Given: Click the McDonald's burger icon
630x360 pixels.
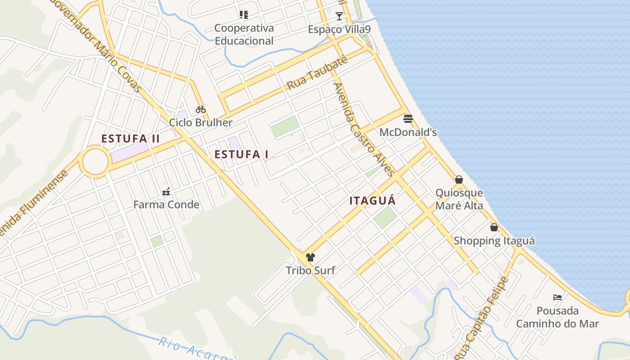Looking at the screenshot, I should click(x=408, y=119).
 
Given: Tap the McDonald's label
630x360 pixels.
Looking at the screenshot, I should click(x=408, y=132).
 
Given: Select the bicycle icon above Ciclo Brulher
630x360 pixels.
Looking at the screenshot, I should click(x=201, y=109).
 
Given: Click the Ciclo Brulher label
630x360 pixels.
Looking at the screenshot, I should click(x=201, y=122).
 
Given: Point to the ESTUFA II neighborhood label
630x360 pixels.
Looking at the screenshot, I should click(x=130, y=139).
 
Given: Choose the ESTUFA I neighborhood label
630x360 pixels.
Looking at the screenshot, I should click(x=241, y=155).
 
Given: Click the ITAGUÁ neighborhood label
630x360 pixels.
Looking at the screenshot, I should click(x=373, y=201).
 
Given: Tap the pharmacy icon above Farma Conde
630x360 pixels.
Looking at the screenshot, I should click(x=166, y=192).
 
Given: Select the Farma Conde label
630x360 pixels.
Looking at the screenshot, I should click(x=166, y=205).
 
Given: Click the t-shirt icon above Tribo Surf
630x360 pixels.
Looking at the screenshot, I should click(x=310, y=257).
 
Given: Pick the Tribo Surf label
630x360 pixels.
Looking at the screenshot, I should click(x=310, y=270).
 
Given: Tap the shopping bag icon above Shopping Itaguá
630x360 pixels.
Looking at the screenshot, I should click(x=494, y=227).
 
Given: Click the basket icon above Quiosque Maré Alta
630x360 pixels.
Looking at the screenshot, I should click(x=459, y=180).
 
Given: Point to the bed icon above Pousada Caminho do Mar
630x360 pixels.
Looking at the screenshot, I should click(x=558, y=297).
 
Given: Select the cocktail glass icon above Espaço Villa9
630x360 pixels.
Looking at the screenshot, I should click(x=339, y=16).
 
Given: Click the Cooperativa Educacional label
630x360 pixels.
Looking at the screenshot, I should click(x=244, y=34).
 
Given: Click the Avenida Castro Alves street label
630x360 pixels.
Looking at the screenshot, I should click(x=364, y=130).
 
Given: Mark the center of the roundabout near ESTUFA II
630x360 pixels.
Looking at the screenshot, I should click(x=95, y=162).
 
